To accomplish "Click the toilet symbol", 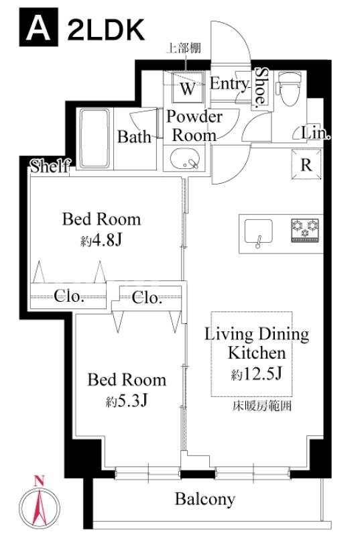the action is pyautogui.click(x=289, y=89).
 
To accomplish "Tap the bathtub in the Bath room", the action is pyautogui.click(x=95, y=138).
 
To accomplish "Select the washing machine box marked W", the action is pyautogui.click(x=188, y=87).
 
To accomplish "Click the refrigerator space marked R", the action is pyautogui.click(x=306, y=164).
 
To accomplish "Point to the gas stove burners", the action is pyautogui.click(x=304, y=231).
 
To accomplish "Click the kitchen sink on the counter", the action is pyautogui.click(x=259, y=232).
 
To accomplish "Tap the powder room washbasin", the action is pyautogui.click(x=185, y=159).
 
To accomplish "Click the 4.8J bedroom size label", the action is pyautogui.click(x=101, y=240).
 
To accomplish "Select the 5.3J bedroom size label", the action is pyautogui.click(x=127, y=400).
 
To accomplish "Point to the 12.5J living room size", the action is pyautogui.click(x=257, y=374).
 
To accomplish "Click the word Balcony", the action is pyautogui.click(x=205, y=499).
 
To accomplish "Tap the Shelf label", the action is pyautogui.click(x=50, y=166).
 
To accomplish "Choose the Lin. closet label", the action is pyautogui.click(x=316, y=133).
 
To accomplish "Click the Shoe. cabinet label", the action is pyautogui.click(x=261, y=87).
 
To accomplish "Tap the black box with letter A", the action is pyautogui.click(x=39, y=27).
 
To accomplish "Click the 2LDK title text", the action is pyautogui.click(x=106, y=30).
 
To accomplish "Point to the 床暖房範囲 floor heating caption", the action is pyautogui.click(x=262, y=406).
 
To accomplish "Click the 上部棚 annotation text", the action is pyautogui.click(x=183, y=48).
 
